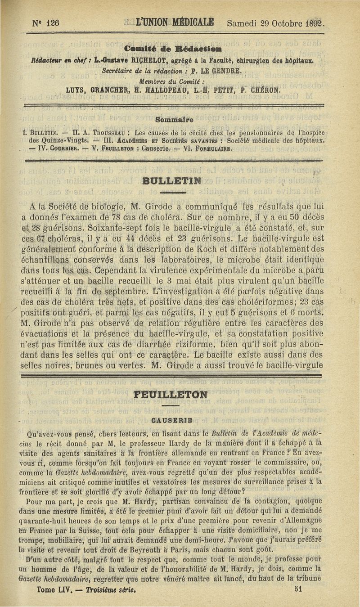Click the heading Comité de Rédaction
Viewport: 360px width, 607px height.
coord(170,49)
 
